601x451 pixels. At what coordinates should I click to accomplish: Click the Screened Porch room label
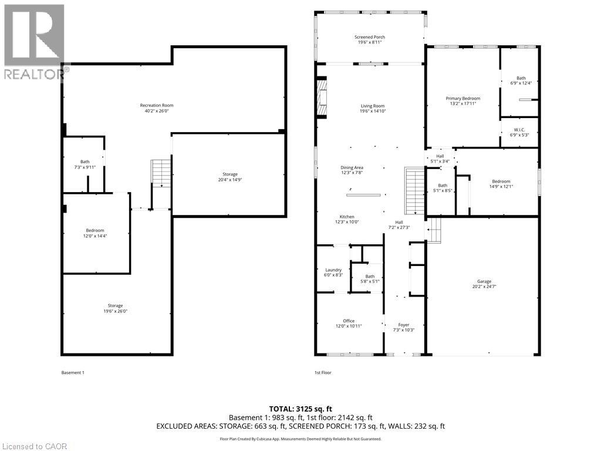[x=370, y=39]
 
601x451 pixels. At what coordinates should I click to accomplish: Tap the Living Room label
[x=373, y=109]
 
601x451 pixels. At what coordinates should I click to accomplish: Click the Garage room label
[x=484, y=284]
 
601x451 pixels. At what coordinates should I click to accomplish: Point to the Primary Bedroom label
[x=462, y=101]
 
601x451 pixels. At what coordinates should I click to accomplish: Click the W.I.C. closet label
[x=519, y=132]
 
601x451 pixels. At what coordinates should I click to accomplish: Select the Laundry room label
[x=333, y=272]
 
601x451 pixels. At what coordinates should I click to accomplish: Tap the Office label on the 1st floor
[x=349, y=324]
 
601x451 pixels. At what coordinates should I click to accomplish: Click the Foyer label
[x=404, y=327]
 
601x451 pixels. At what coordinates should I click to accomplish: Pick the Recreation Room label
[x=156, y=108]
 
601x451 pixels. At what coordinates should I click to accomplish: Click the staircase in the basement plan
[x=161, y=173]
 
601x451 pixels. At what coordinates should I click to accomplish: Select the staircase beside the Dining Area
[x=415, y=191]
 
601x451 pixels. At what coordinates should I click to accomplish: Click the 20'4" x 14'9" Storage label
[x=230, y=177]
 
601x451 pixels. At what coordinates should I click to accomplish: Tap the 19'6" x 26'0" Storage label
[x=115, y=308]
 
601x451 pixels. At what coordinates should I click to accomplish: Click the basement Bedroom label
[x=94, y=233]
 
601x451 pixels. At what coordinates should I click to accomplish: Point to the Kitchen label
[x=347, y=219]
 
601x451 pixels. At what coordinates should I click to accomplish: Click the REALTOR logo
[x=35, y=42]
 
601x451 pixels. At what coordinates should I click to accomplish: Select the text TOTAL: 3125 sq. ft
[x=298, y=409]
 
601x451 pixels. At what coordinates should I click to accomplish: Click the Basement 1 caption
[x=73, y=372]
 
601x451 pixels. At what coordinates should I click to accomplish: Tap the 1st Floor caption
[x=323, y=372]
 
